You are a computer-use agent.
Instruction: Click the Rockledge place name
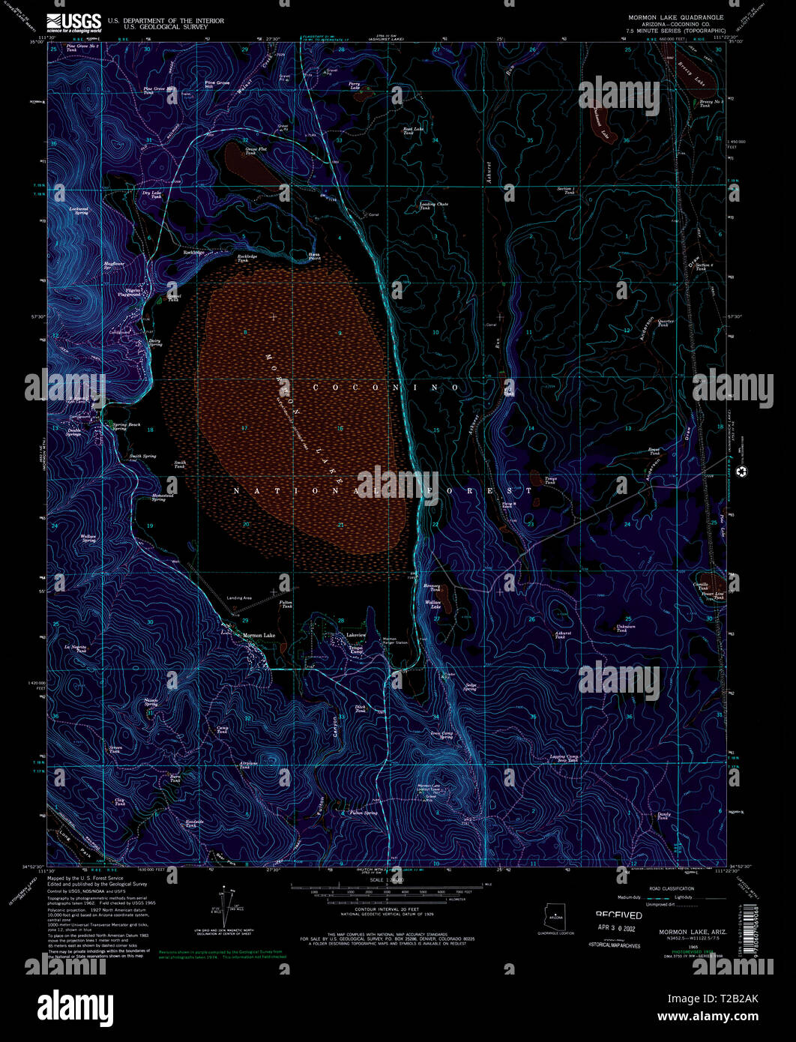point(193,253)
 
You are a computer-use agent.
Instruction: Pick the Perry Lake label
point(355,85)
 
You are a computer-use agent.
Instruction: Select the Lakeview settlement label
point(356,634)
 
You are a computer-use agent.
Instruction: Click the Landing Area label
point(239,597)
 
